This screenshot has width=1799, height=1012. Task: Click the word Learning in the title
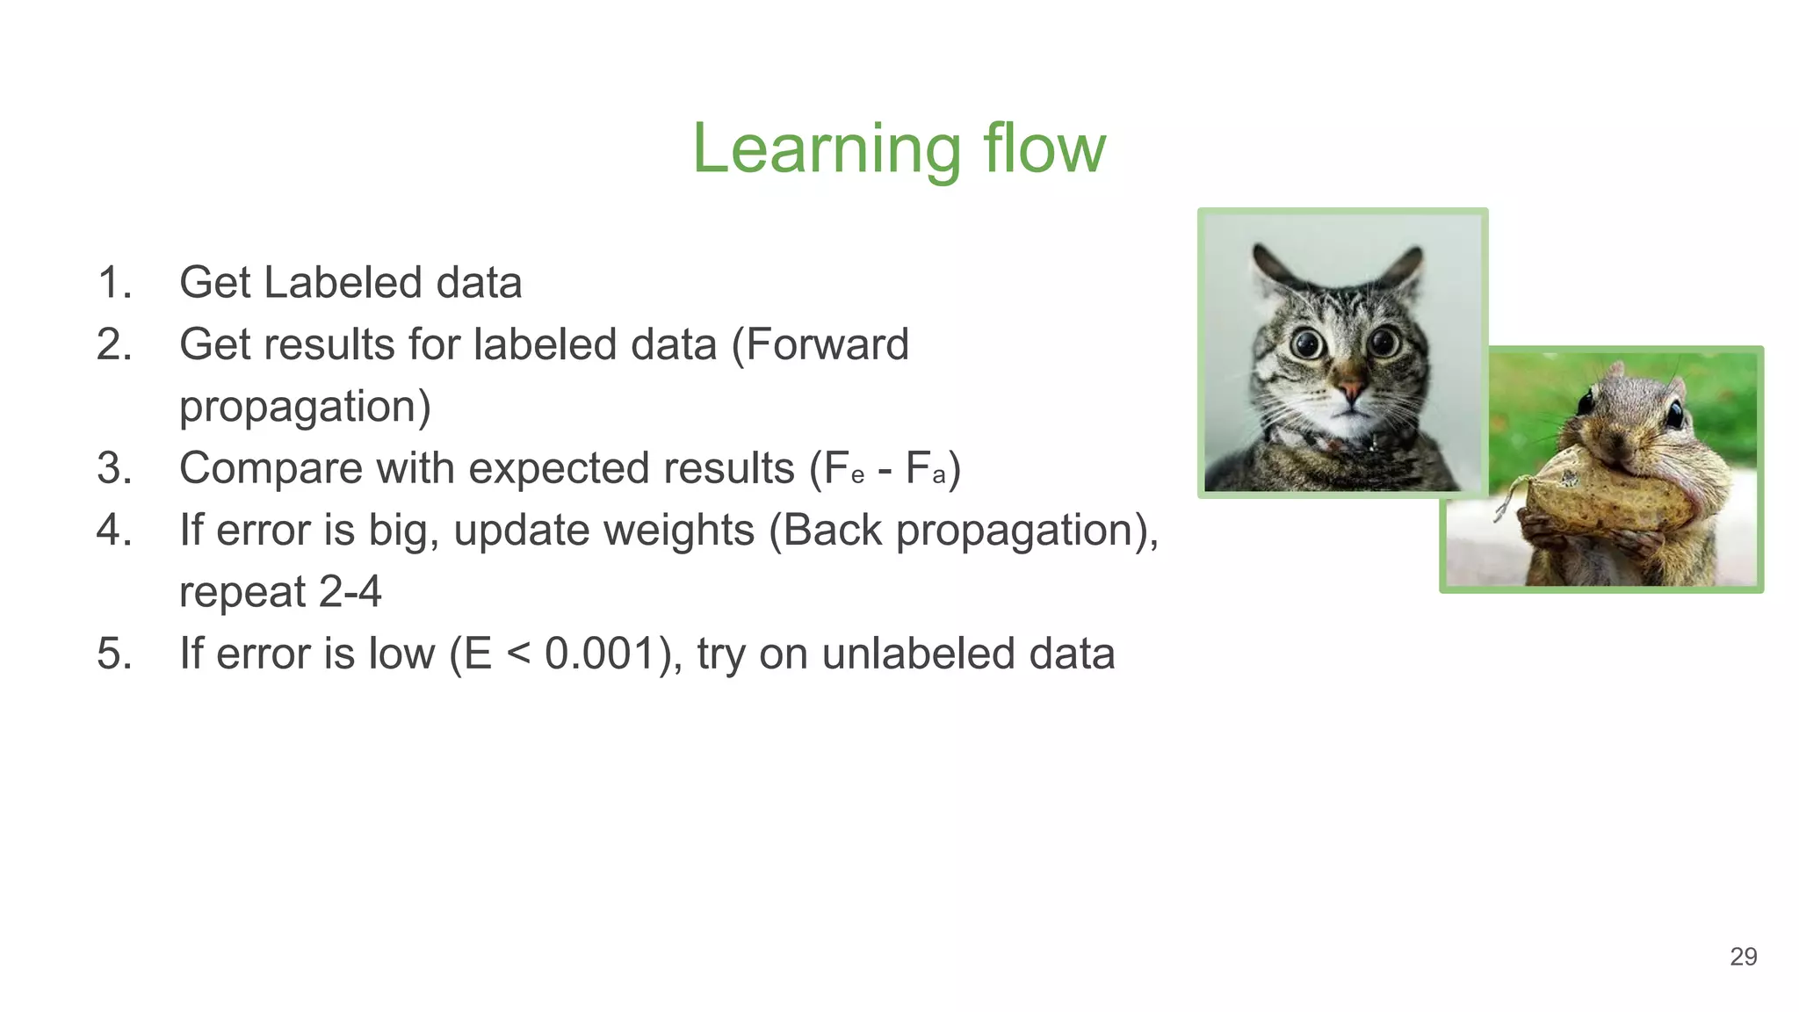827,149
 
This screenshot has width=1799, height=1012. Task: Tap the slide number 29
1743,956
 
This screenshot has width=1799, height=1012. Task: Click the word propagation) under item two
305,407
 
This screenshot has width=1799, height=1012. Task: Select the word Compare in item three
270,468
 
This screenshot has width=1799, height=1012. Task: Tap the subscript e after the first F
857,477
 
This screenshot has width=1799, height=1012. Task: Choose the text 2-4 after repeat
350,591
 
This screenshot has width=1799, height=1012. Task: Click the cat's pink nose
1350,387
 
